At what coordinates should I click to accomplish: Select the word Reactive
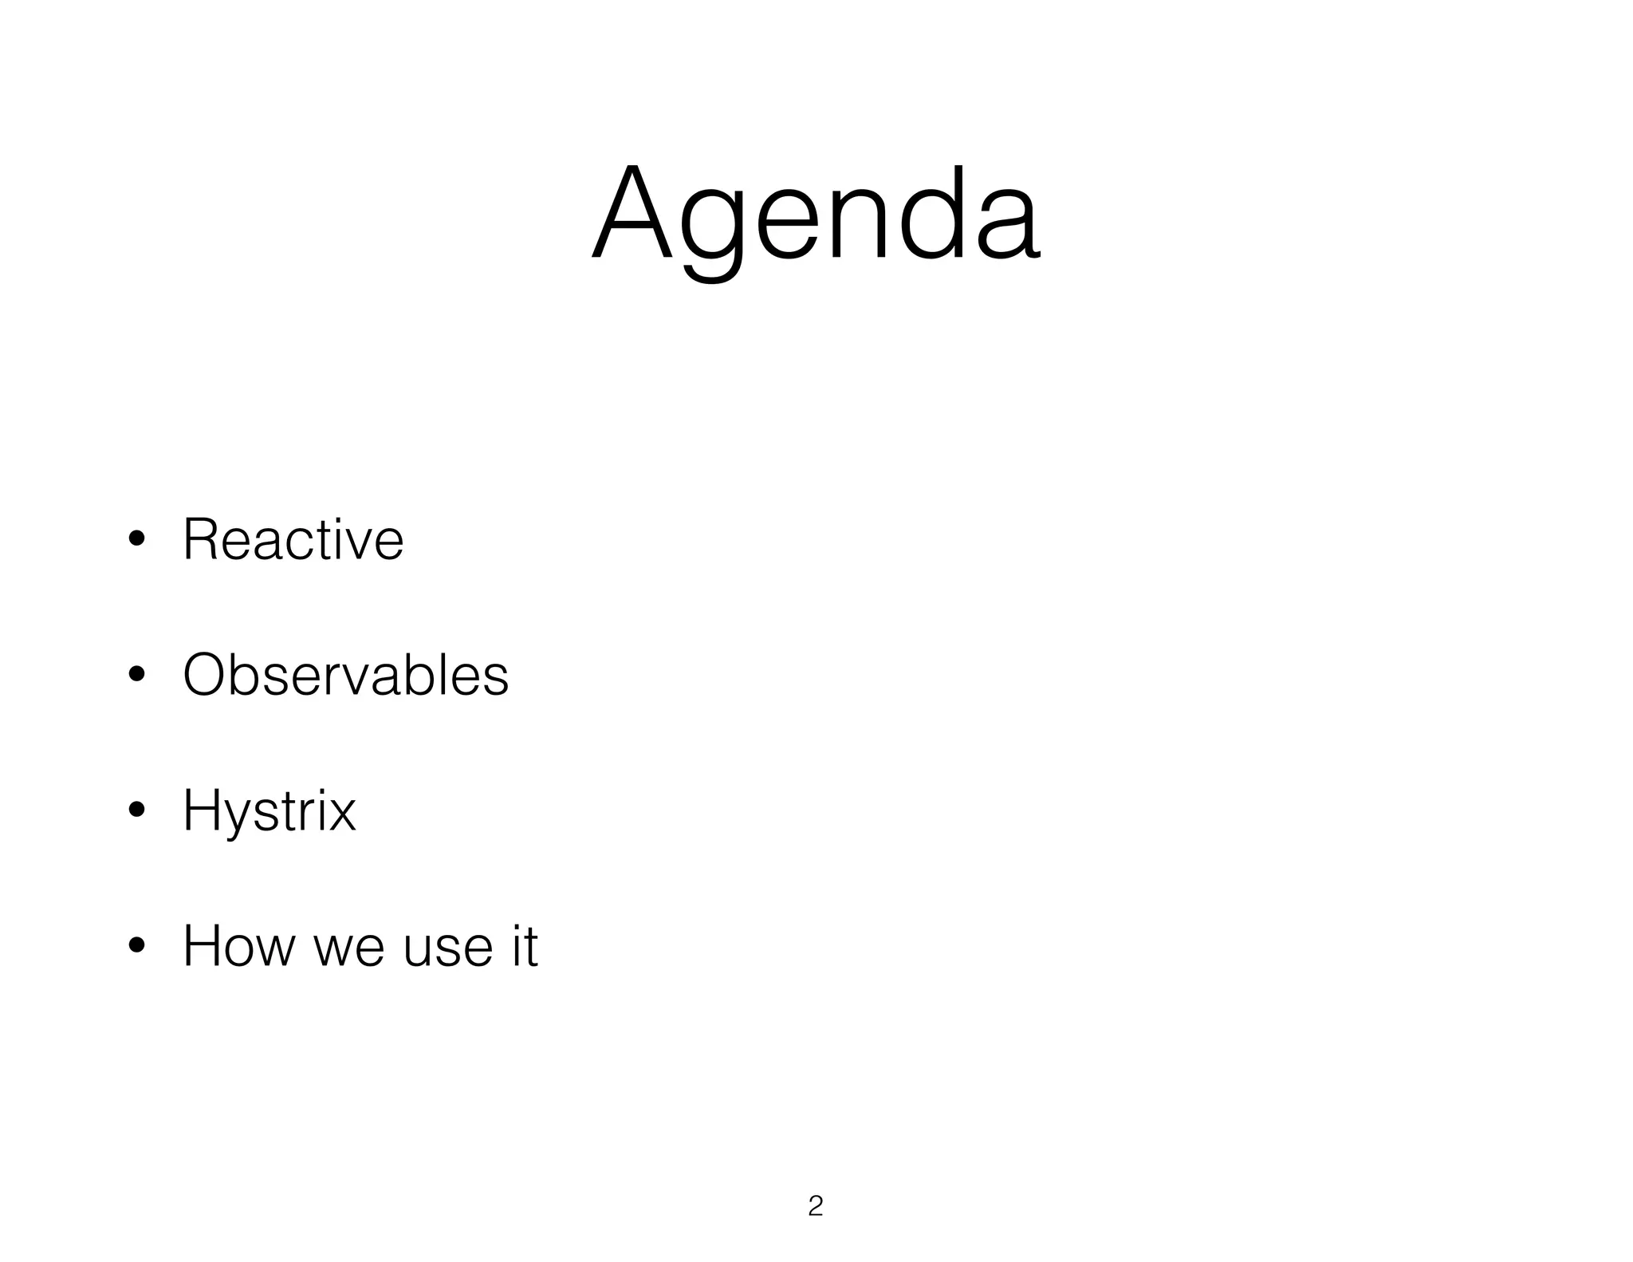[x=293, y=540]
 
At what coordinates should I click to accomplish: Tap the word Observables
[x=345, y=676]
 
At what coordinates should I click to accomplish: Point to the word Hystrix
[x=269, y=811]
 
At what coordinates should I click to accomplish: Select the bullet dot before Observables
[x=136, y=676]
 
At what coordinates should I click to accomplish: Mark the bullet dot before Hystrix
[x=136, y=811]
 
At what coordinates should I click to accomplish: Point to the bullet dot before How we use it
[x=136, y=947]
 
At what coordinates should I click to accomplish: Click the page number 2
[x=815, y=1206]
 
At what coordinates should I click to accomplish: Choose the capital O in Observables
[x=207, y=676]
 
